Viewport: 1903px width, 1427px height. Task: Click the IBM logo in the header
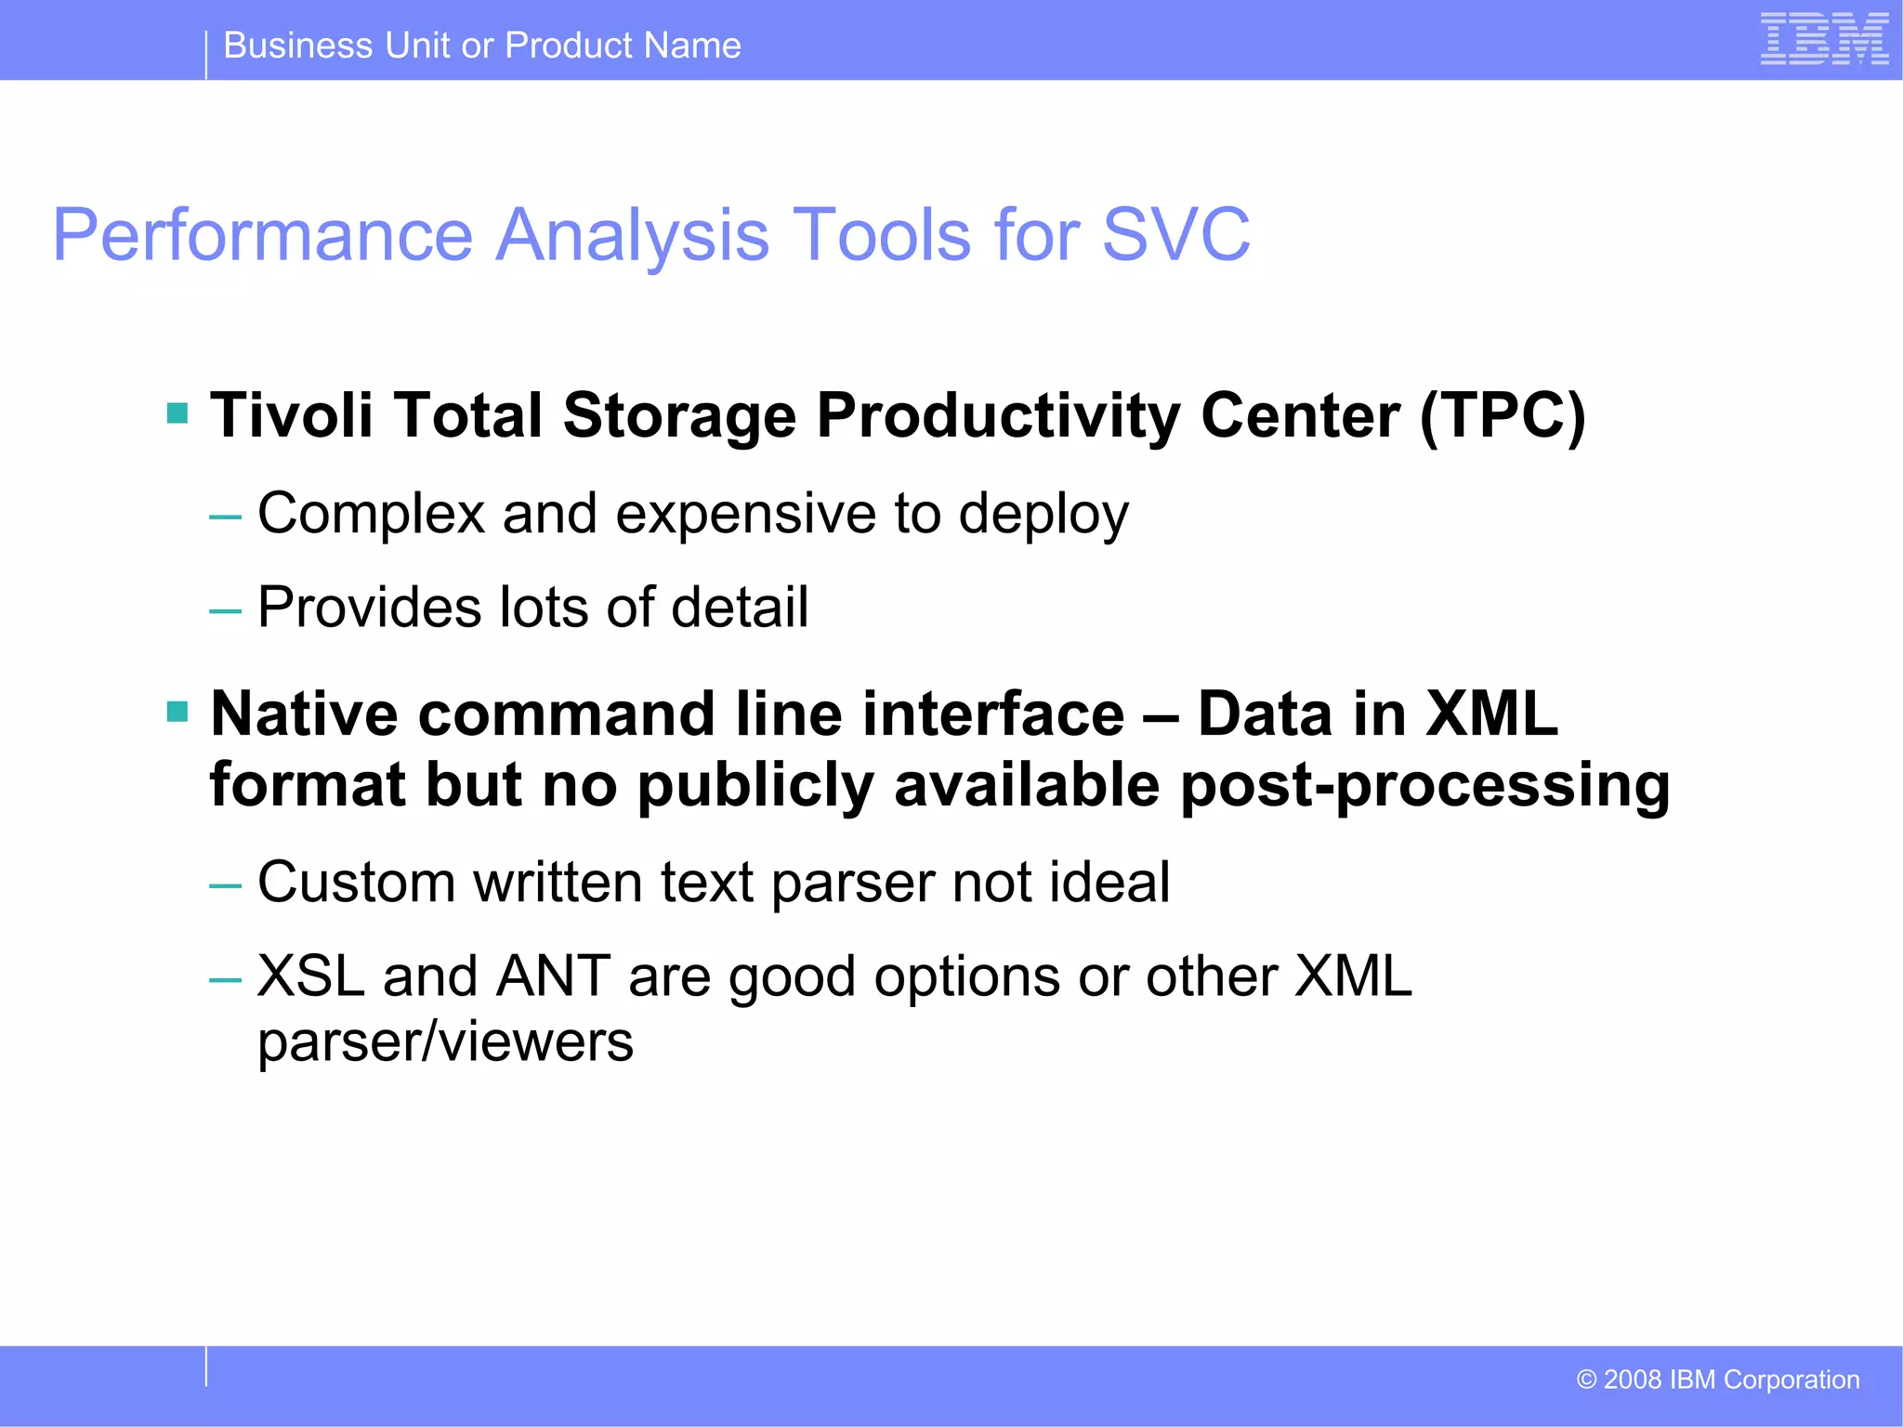pos(1823,39)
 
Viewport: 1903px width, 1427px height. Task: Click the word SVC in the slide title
pos(1175,234)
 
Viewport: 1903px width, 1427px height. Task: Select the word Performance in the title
pos(263,234)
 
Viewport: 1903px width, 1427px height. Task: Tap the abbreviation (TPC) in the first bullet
pos(1503,415)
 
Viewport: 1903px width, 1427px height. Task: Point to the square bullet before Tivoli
pos(177,412)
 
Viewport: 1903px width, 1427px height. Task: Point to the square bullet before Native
pos(177,713)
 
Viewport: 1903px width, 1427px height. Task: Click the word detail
pos(740,608)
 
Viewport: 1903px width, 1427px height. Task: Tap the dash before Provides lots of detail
pos(225,611)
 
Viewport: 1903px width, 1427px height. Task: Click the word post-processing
pos(1424,785)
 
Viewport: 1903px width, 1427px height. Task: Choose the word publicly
pos(755,785)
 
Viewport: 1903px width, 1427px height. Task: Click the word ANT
pos(553,976)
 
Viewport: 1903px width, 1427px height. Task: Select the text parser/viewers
pos(445,1042)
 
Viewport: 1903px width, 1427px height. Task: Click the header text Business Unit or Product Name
pos(482,46)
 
